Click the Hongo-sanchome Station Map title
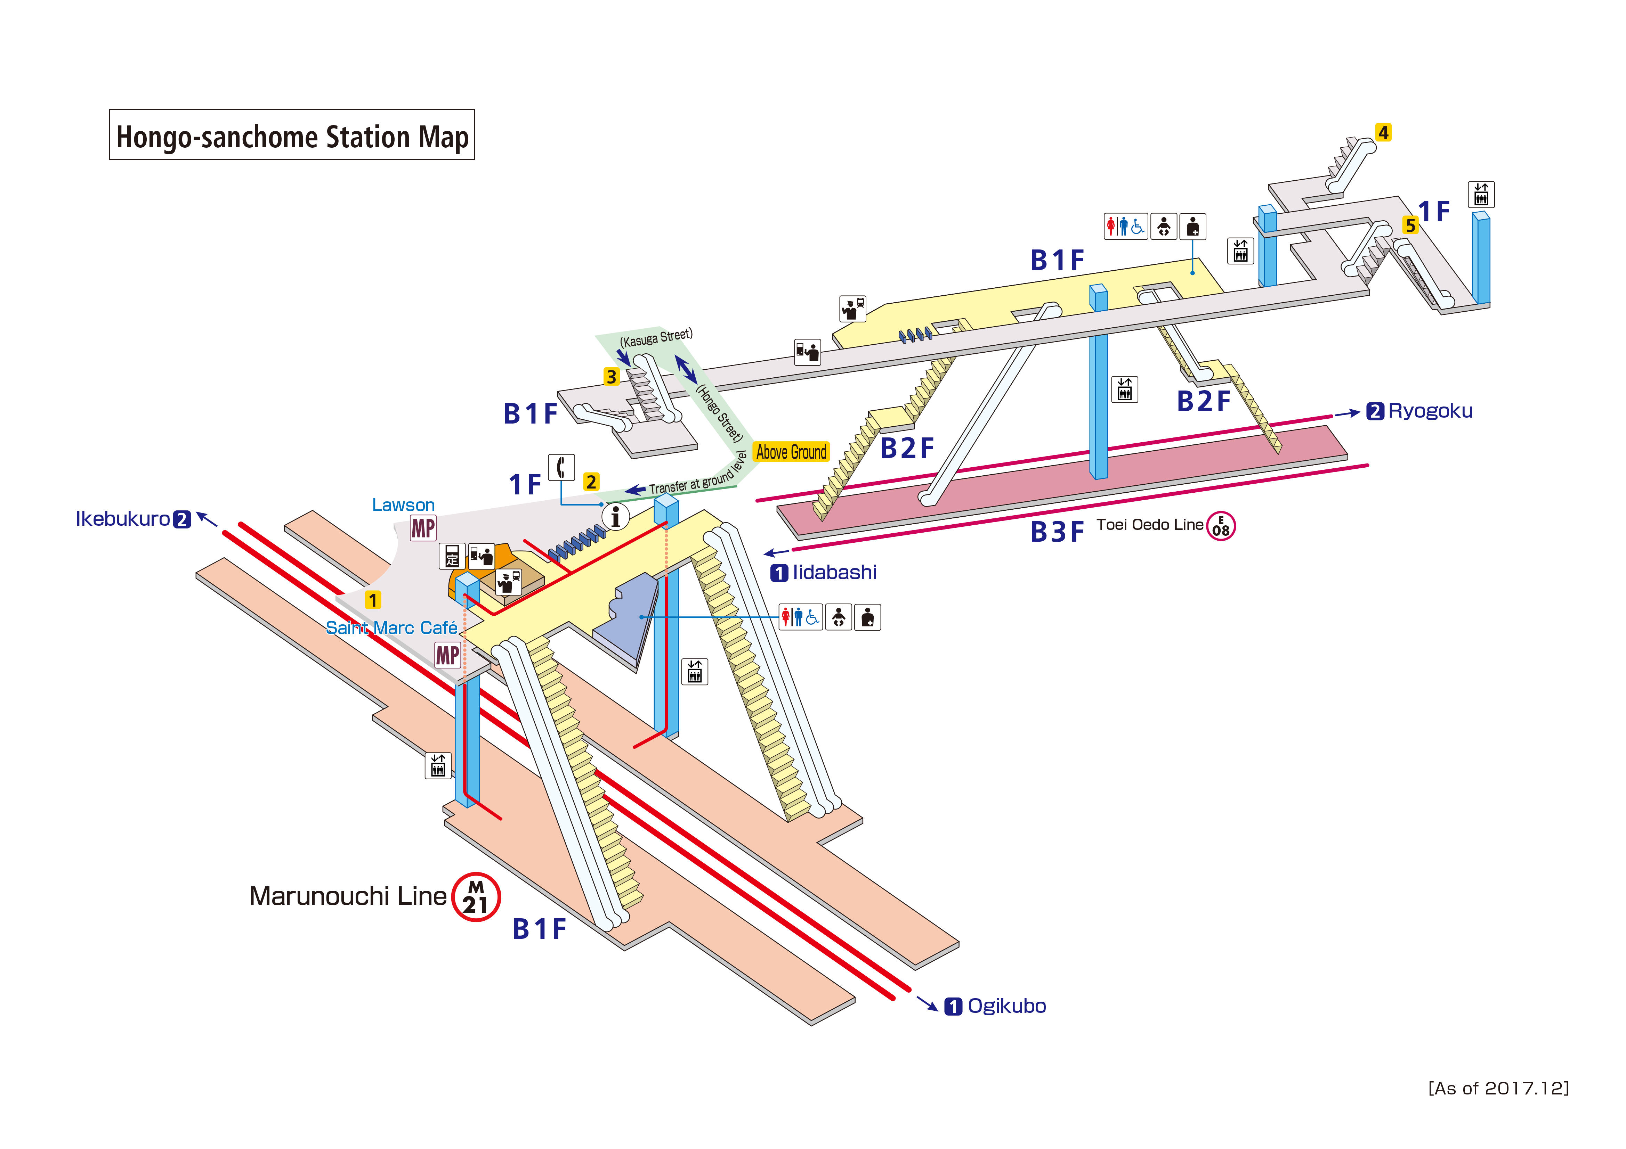292,135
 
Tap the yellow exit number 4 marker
1382,132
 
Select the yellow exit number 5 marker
1410,226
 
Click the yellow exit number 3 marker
610,377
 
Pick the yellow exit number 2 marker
591,482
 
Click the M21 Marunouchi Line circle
476,897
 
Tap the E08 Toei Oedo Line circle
1221,526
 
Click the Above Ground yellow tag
791,452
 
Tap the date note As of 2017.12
1498,1088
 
